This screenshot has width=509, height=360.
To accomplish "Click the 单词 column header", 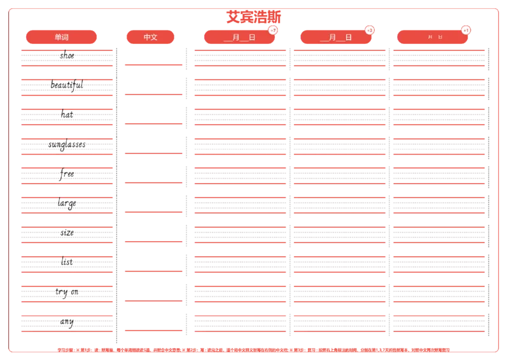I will point(62,37).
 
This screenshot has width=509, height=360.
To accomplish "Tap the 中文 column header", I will point(151,37).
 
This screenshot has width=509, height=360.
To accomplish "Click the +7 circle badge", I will point(273,30).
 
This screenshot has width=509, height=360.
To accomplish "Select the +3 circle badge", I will point(370,30).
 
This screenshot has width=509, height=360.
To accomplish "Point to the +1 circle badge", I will point(466,30).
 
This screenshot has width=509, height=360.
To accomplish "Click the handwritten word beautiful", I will point(67,85).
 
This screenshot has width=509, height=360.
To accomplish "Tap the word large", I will point(66,204).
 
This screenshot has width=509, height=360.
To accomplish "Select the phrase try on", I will point(67,292).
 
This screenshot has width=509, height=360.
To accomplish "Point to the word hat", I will point(67,114).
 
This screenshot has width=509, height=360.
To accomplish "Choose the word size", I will point(67,232).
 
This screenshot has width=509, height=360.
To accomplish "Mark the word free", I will point(67,174).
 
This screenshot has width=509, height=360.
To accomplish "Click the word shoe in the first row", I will point(67,55).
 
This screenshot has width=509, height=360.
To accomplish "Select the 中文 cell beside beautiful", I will point(153,80).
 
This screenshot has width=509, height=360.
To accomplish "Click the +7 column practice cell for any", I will point(240,322).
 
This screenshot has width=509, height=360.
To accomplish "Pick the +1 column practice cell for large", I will point(438,204).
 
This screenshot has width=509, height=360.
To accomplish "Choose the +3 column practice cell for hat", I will point(340,114).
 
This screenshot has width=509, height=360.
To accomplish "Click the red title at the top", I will point(253,17).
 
